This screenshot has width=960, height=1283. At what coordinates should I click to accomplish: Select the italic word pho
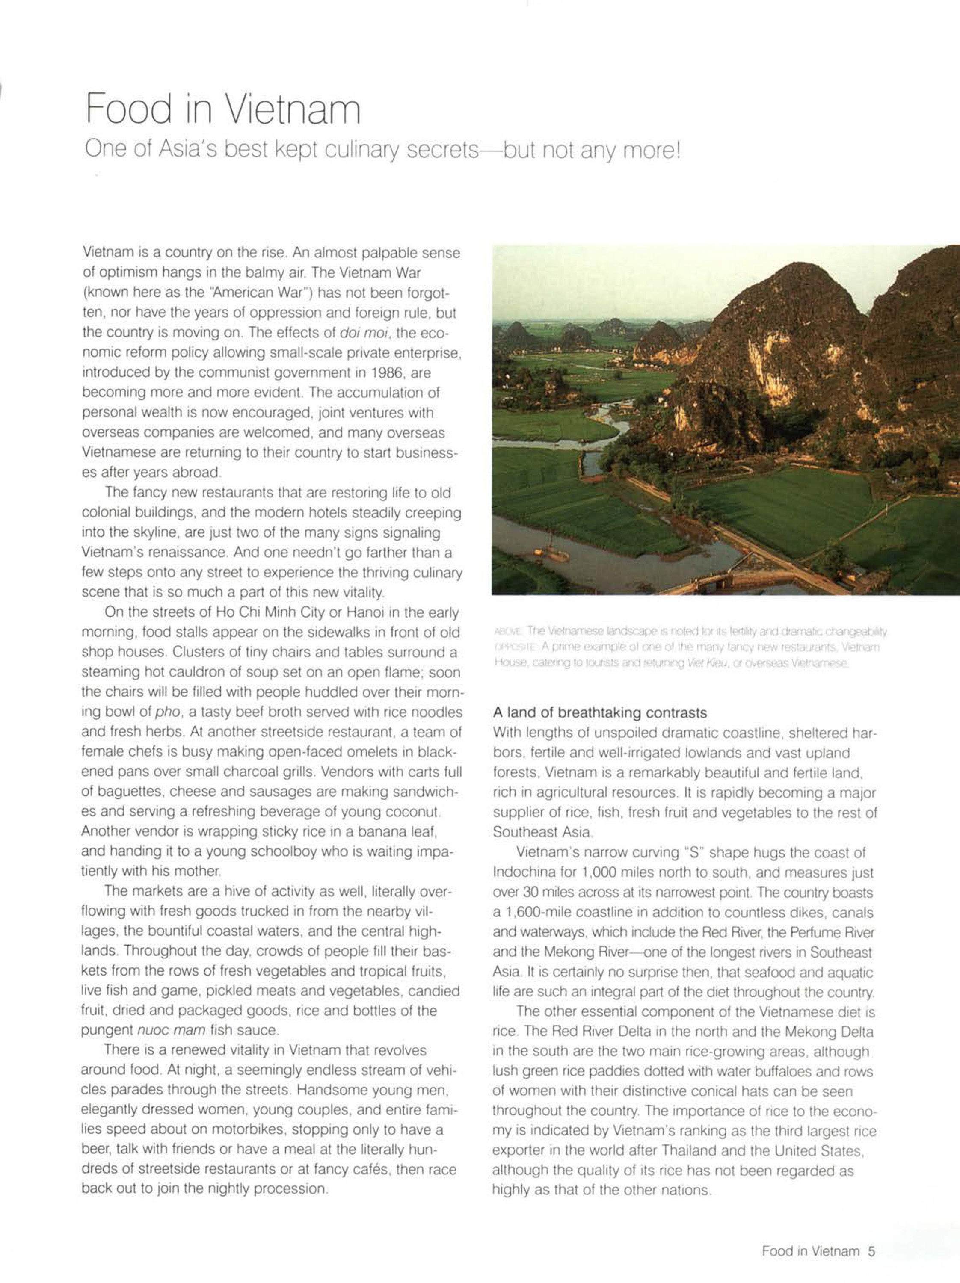[168, 712]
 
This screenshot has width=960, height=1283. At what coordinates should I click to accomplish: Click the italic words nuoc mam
[171, 1030]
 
